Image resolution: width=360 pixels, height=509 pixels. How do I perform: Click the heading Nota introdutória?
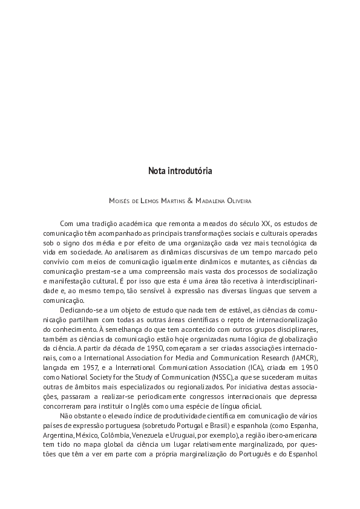point(180,171)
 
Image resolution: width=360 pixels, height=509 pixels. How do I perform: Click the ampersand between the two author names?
point(191,200)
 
